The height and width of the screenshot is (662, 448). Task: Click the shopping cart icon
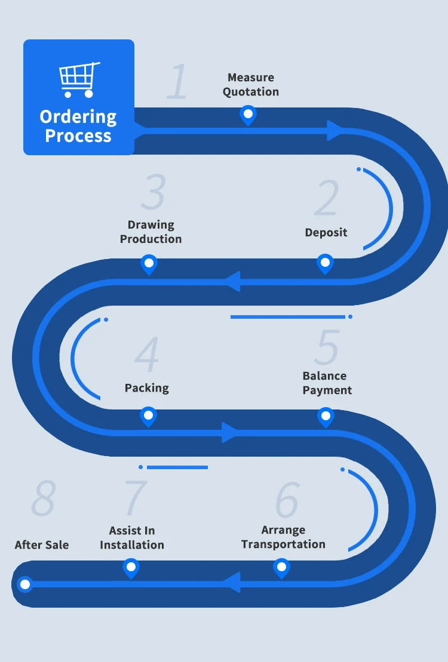79,79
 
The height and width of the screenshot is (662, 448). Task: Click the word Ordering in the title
78,117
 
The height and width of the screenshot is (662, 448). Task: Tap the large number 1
177,82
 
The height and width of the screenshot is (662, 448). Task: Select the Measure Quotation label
251,85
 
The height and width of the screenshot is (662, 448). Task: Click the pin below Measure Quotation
248,114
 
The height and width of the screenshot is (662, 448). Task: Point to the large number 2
327,198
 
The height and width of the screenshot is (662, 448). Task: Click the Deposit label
326,233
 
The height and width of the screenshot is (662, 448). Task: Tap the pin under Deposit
325,262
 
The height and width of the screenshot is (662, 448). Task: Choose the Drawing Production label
151,232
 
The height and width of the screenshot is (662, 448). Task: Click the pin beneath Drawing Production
149,263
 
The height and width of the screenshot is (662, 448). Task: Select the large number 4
147,355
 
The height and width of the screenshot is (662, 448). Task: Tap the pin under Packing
148,415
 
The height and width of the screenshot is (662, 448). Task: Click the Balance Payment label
327,383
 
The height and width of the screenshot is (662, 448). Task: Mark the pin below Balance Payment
326,415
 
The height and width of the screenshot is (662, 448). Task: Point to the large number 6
287,499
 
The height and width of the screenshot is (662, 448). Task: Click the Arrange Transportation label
283,537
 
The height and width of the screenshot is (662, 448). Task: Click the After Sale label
42,545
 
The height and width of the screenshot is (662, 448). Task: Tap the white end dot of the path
25,584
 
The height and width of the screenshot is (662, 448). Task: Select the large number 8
44,498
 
